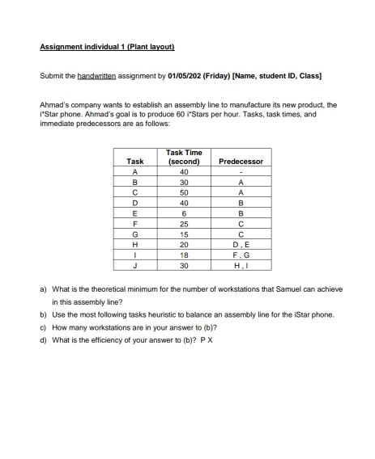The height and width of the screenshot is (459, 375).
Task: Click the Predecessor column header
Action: click(241, 161)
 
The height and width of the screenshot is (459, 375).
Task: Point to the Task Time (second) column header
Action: click(184, 157)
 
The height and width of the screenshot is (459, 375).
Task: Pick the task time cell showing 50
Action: click(184, 193)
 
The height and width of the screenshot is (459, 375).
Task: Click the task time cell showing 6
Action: click(184, 214)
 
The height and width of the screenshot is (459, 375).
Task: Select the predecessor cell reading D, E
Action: click(241, 245)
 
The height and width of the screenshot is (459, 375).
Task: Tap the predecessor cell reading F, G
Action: click(241, 255)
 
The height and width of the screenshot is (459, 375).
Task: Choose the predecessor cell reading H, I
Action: click(241, 266)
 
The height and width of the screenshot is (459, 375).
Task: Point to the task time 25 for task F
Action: click(184, 224)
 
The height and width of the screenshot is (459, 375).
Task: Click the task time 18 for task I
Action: click(184, 255)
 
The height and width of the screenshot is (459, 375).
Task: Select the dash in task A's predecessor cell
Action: click(241, 172)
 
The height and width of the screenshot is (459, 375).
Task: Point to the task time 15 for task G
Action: click(184, 234)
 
